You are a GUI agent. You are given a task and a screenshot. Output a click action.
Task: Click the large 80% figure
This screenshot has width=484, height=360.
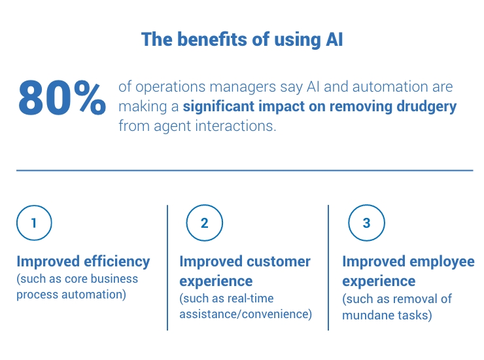coord(61,99)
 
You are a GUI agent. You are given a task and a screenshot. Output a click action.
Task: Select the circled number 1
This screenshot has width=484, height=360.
coord(34,223)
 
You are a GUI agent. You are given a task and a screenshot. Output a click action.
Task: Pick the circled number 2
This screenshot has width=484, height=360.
coord(204,223)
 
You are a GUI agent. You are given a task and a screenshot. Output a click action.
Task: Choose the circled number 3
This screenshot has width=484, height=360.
coord(366,223)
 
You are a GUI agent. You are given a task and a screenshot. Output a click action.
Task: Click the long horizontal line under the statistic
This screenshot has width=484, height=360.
coord(244,170)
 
